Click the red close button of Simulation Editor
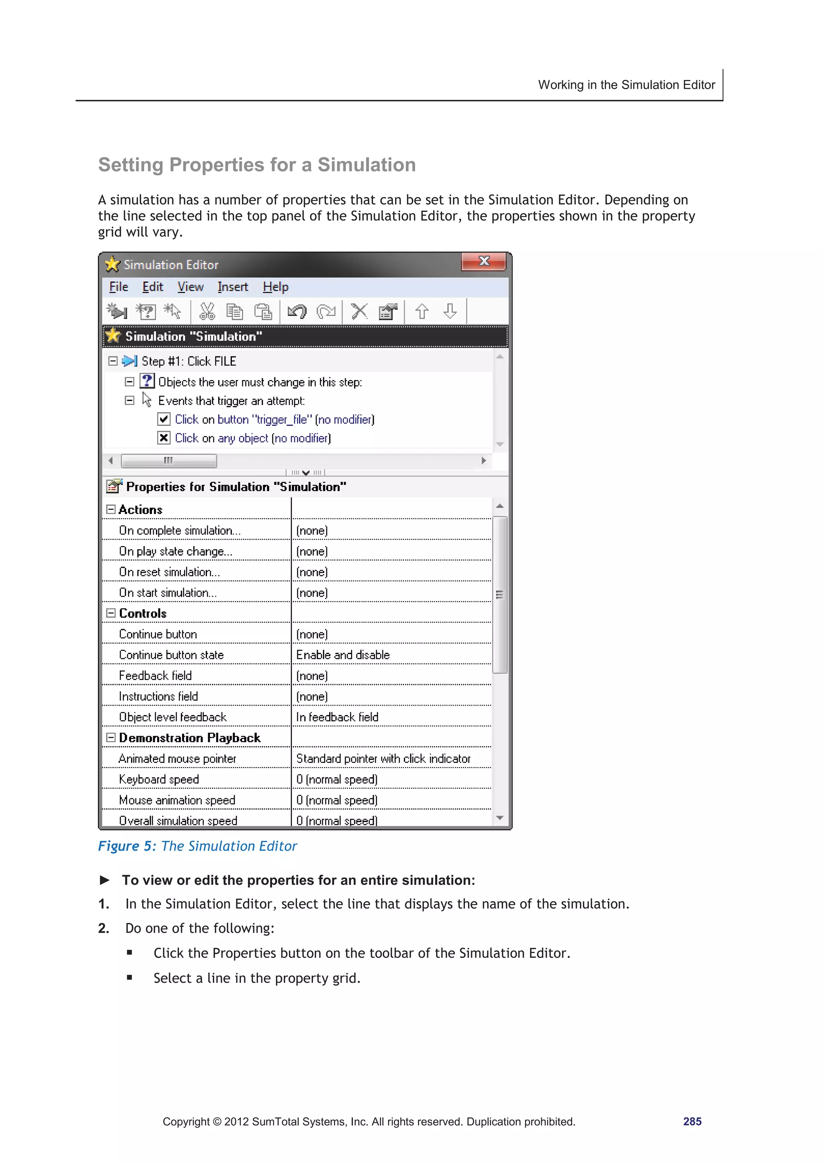(484, 262)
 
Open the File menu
(119, 287)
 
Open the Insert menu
(233, 287)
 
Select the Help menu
(275, 287)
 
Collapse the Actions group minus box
(111, 509)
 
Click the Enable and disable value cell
(343, 655)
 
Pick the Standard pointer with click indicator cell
(383, 759)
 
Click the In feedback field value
(337, 717)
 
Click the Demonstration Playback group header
(190, 738)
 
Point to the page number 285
(692, 1121)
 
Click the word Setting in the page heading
(131, 165)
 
